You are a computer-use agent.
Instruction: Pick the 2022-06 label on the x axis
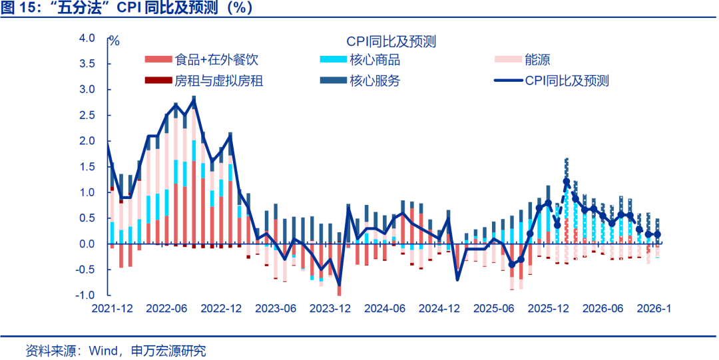[x=166, y=309]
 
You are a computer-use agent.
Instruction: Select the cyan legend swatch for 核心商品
[x=332, y=60]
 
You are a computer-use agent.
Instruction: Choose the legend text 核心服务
[x=375, y=81]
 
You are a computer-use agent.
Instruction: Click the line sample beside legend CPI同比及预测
[x=508, y=81]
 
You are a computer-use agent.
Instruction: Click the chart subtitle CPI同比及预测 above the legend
[x=391, y=41]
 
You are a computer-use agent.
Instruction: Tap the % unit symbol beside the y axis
[x=115, y=41]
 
